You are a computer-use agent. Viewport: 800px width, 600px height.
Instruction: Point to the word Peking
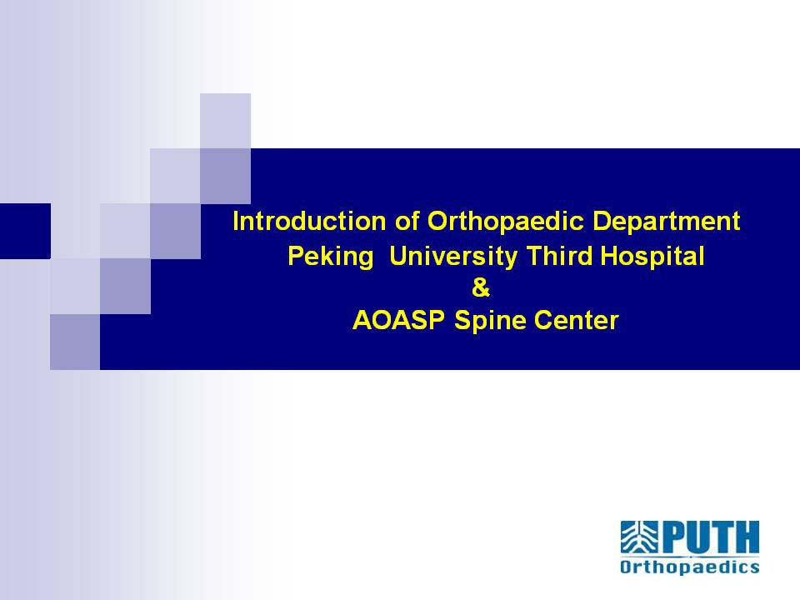[331, 257]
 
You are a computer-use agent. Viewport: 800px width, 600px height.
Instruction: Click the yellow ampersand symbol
[481, 289]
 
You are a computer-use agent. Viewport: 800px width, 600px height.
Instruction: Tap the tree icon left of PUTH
[639, 537]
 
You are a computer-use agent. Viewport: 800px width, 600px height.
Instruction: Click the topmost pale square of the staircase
[225, 121]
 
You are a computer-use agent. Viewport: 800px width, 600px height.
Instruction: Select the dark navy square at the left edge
[25, 231]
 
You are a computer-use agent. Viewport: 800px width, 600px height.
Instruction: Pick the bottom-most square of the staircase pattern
[75, 342]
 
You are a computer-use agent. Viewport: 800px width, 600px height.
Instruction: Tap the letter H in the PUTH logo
[747, 538]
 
